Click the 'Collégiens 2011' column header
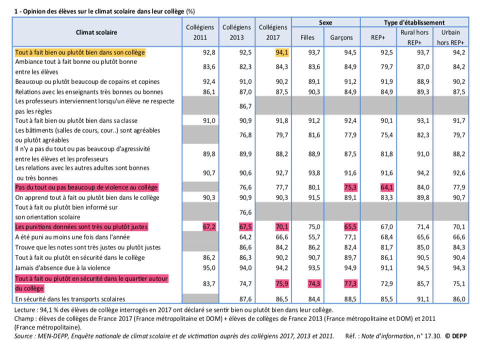(x=200, y=32)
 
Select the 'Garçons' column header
(x=341, y=37)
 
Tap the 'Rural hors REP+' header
(x=414, y=37)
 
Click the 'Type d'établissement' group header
(x=414, y=22)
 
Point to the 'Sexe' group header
(x=325, y=22)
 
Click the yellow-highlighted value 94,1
(x=281, y=52)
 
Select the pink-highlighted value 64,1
(x=386, y=187)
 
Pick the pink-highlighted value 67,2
(x=209, y=227)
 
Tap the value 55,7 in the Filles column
(x=314, y=237)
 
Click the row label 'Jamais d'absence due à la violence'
(x=63, y=268)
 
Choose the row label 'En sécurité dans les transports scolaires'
(x=70, y=299)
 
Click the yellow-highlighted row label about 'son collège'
(x=80, y=52)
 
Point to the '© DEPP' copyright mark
(x=455, y=336)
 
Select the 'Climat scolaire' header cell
(x=96, y=32)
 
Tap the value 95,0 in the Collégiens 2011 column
(x=209, y=268)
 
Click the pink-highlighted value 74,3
(x=314, y=284)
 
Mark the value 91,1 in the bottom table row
(x=423, y=299)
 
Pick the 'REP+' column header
(x=378, y=37)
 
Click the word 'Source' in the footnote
(x=24, y=336)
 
